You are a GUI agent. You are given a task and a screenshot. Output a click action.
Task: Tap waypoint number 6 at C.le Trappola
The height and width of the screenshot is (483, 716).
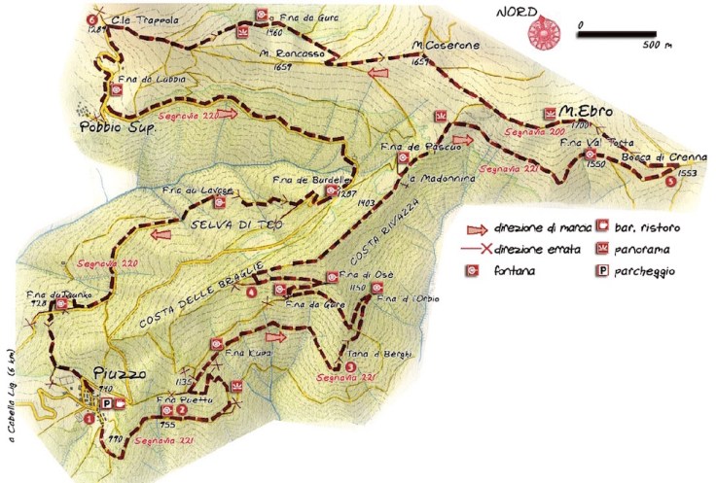click(92, 19)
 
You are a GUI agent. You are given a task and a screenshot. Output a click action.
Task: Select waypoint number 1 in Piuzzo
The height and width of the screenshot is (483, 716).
click(89, 419)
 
